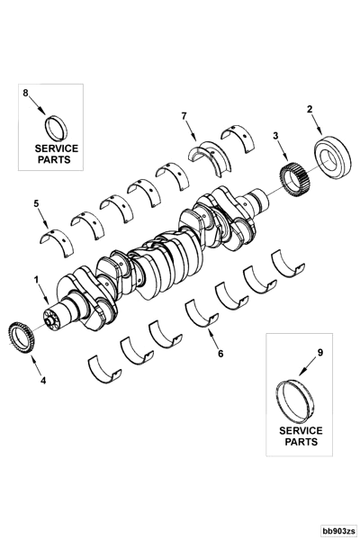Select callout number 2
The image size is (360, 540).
pyautogui.click(x=310, y=109)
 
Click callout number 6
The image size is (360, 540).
pyautogui.click(x=220, y=354)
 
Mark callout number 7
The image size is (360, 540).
pyautogui.click(x=184, y=116)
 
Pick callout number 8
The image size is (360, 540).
pyautogui.click(x=25, y=92)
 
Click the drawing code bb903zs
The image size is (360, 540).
pyautogui.click(x=338, y=531)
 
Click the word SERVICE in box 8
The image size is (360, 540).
pyautogui.click(x=57, y=147)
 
